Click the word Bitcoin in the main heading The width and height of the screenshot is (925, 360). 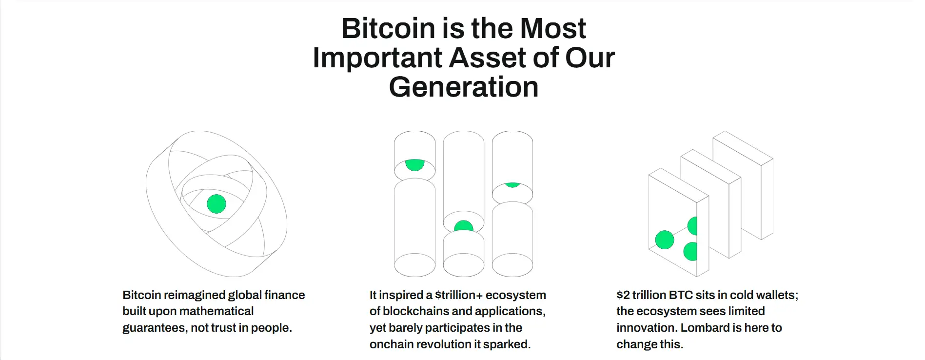pyautogui.click(x=388, y=28)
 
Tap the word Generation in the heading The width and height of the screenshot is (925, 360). pyautogui.click(x=464, y=87)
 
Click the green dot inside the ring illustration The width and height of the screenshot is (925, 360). pyautogui.click(x=216, y=204)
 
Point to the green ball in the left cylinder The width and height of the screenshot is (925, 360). pyautogui.click(x=415, y=164)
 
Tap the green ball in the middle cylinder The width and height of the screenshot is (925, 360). pyautogui.click(x=464, y=226)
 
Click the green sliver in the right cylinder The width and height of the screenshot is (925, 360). pyautogui.click(x=512, y=185)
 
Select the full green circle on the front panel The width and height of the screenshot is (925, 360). pyautogui.click(x=665, y=240)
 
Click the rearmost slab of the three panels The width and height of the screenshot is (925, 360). pyautogui.click(x=743, y=185)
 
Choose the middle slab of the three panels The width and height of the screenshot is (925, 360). pyautogui.click(x=711, y=204)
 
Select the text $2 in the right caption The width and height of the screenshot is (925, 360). pyautogui.click(x=623, y=295)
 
